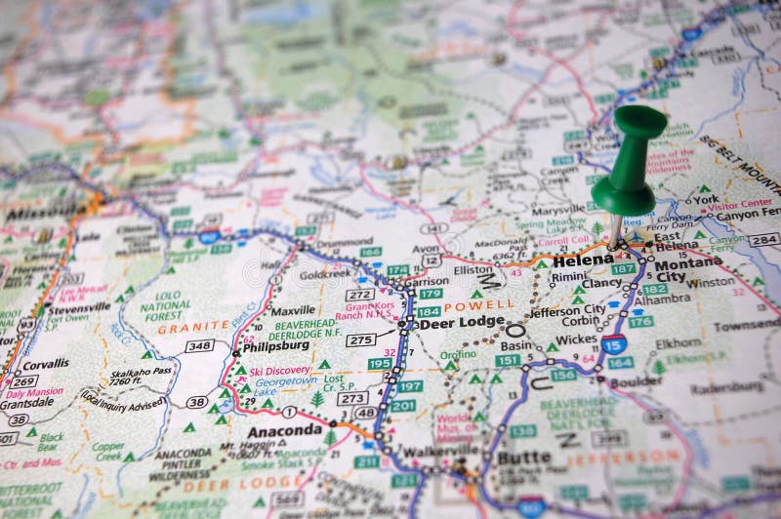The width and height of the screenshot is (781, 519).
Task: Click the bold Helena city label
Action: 583,260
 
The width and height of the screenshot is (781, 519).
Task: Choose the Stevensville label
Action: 79,306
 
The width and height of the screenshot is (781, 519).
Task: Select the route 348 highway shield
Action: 199,345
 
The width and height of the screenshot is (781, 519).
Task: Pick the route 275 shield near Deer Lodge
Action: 360,339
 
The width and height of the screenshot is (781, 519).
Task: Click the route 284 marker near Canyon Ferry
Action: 762,239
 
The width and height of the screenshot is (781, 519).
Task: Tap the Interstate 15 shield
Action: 613,342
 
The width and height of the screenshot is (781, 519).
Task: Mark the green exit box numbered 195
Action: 380,364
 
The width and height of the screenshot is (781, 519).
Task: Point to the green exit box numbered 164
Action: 620,363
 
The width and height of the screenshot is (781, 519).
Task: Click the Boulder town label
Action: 636,381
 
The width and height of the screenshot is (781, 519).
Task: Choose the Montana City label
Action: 688,270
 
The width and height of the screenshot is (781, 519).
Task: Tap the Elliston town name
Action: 473,270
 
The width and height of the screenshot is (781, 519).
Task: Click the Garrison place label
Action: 426,281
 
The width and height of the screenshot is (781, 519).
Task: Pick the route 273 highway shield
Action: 352,398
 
